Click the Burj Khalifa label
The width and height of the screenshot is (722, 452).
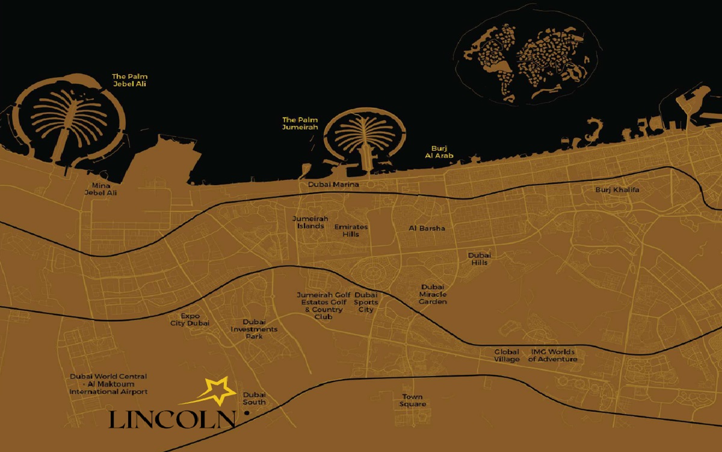pos(617,190)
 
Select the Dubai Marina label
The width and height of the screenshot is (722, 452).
pos(333,184)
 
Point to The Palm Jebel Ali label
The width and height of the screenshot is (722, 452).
pos(129,80)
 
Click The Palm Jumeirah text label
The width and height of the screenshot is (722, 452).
pos(300,123)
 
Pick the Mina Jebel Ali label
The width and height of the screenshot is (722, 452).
pos(100,189)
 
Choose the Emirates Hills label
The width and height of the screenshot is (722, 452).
pos(351,230)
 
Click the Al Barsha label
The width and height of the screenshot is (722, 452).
pos(427,228)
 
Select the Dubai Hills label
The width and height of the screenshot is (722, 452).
pos(480,259)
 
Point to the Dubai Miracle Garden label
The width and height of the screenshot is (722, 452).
pos(433,294)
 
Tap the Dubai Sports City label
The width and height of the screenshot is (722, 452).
pos(366,302)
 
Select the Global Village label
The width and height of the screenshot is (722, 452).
pos(507,356)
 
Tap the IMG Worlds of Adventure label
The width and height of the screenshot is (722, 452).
pos(552,356)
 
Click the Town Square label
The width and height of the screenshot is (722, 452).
pos(413,400)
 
